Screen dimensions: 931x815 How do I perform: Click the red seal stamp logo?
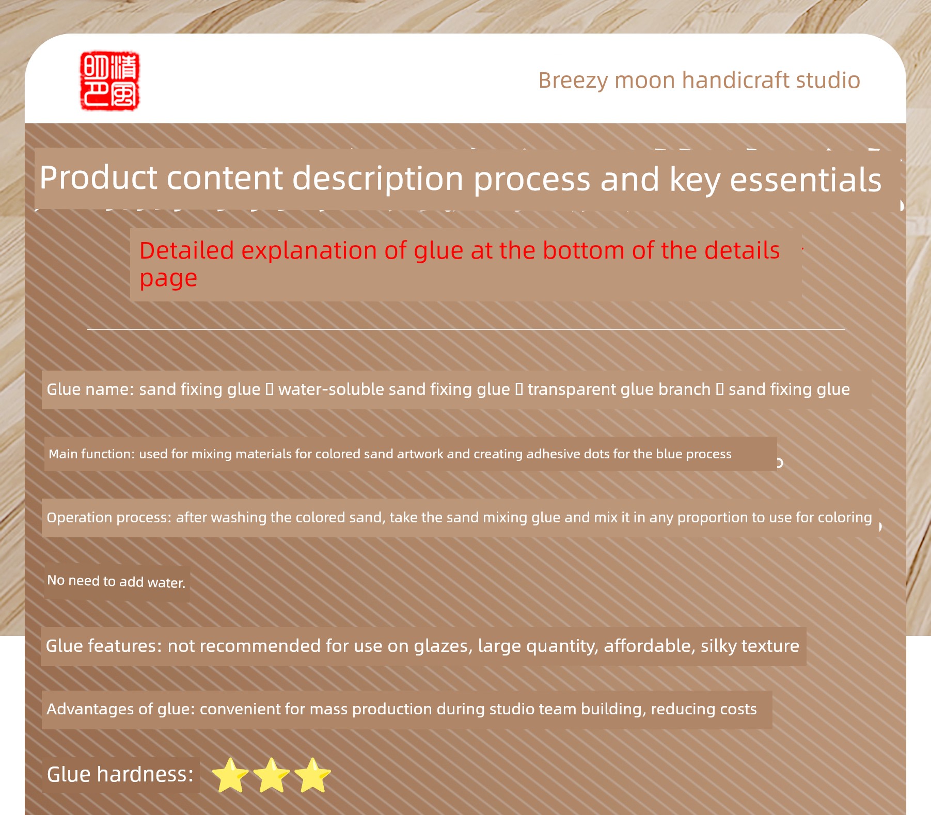tap(109, 81)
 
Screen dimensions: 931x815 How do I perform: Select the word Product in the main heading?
tap(98, 178)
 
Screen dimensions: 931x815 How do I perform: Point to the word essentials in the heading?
tap(806, 180)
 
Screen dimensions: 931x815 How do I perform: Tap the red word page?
tap(168, 279)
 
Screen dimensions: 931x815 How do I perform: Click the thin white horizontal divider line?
tap(466, 329)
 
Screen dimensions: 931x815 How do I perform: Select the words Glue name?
tap(90, 389)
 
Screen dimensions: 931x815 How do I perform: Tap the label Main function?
tap(91, 454)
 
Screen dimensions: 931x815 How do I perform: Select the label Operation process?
tap(109, 518)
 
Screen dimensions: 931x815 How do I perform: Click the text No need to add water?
tap(116, 582)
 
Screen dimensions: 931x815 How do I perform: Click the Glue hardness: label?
tap(120, 774)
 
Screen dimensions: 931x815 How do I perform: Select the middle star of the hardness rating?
tap(272, 775)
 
